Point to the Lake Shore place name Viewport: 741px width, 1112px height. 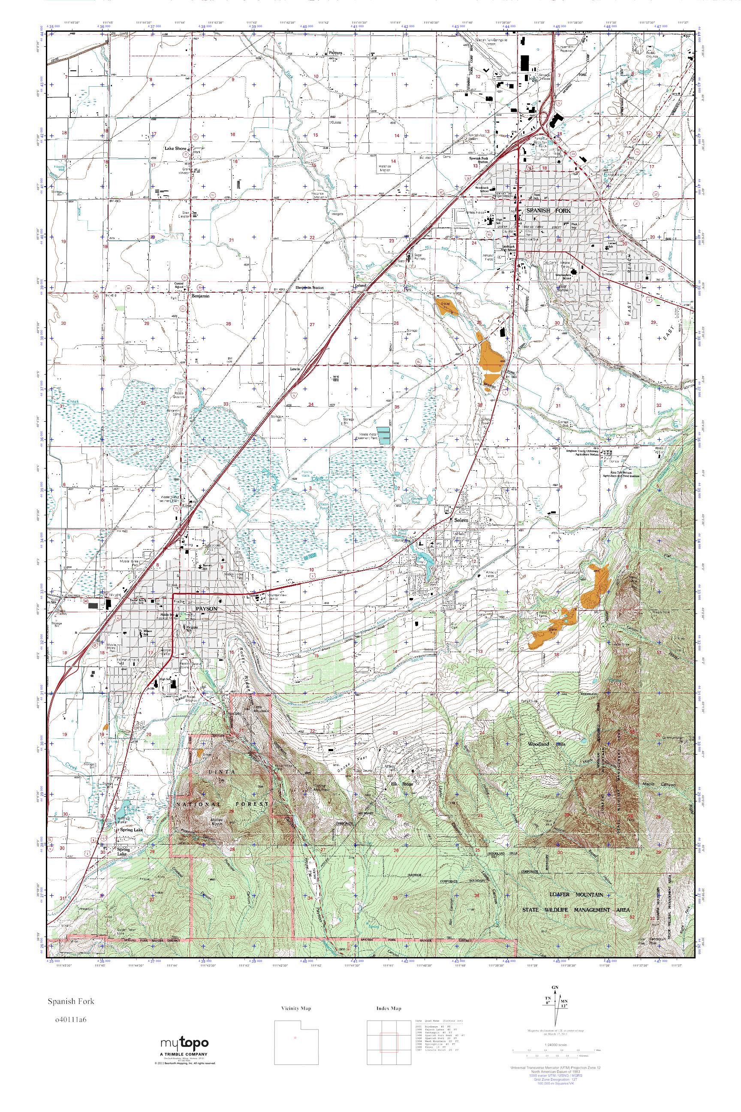[175, 148]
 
